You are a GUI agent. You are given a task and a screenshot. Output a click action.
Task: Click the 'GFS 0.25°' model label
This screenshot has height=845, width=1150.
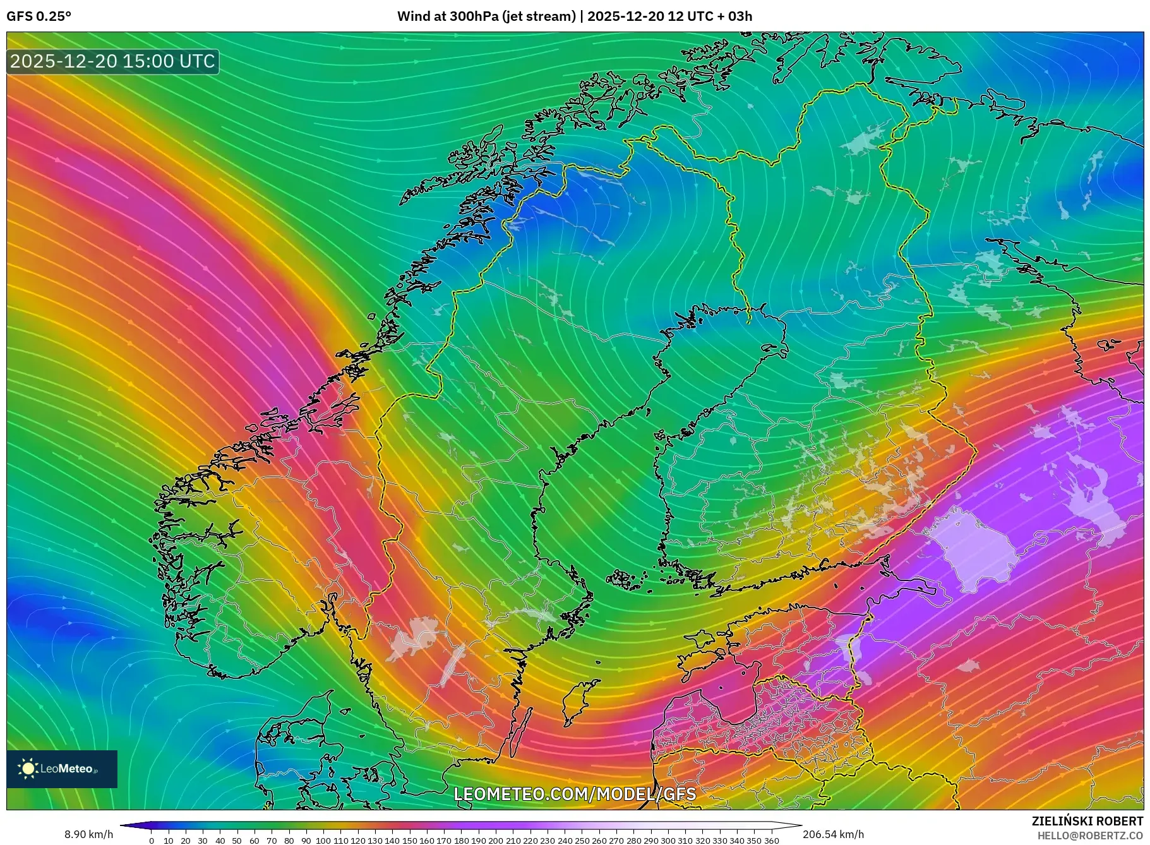(x=39, y=16)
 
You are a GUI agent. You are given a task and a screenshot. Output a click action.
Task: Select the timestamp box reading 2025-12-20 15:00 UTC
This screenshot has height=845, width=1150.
(x=113, y=61)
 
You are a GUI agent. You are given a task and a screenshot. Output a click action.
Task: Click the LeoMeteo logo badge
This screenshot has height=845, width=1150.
(x=62, y=769)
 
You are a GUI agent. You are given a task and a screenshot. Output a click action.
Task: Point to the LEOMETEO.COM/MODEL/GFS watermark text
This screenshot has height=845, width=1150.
(x=575, y=794)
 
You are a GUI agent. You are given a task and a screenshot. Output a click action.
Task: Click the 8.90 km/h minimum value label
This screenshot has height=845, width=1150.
(x=89, y=834)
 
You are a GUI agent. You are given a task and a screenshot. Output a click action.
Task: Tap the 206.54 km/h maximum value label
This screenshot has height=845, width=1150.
(x=833, y=834)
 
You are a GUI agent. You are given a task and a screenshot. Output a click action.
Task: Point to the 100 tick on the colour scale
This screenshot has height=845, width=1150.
(x=323, y=841)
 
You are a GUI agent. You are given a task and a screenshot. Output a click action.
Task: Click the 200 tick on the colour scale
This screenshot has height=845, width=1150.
(x=496, y=841)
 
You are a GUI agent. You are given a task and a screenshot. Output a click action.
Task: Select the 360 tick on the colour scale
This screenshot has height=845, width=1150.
(x=772, y=841)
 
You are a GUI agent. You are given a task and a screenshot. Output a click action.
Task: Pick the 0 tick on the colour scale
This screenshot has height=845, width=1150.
(x=152, y=841)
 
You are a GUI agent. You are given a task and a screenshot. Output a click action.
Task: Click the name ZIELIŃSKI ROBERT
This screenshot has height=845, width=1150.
(x=1087, y=821)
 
